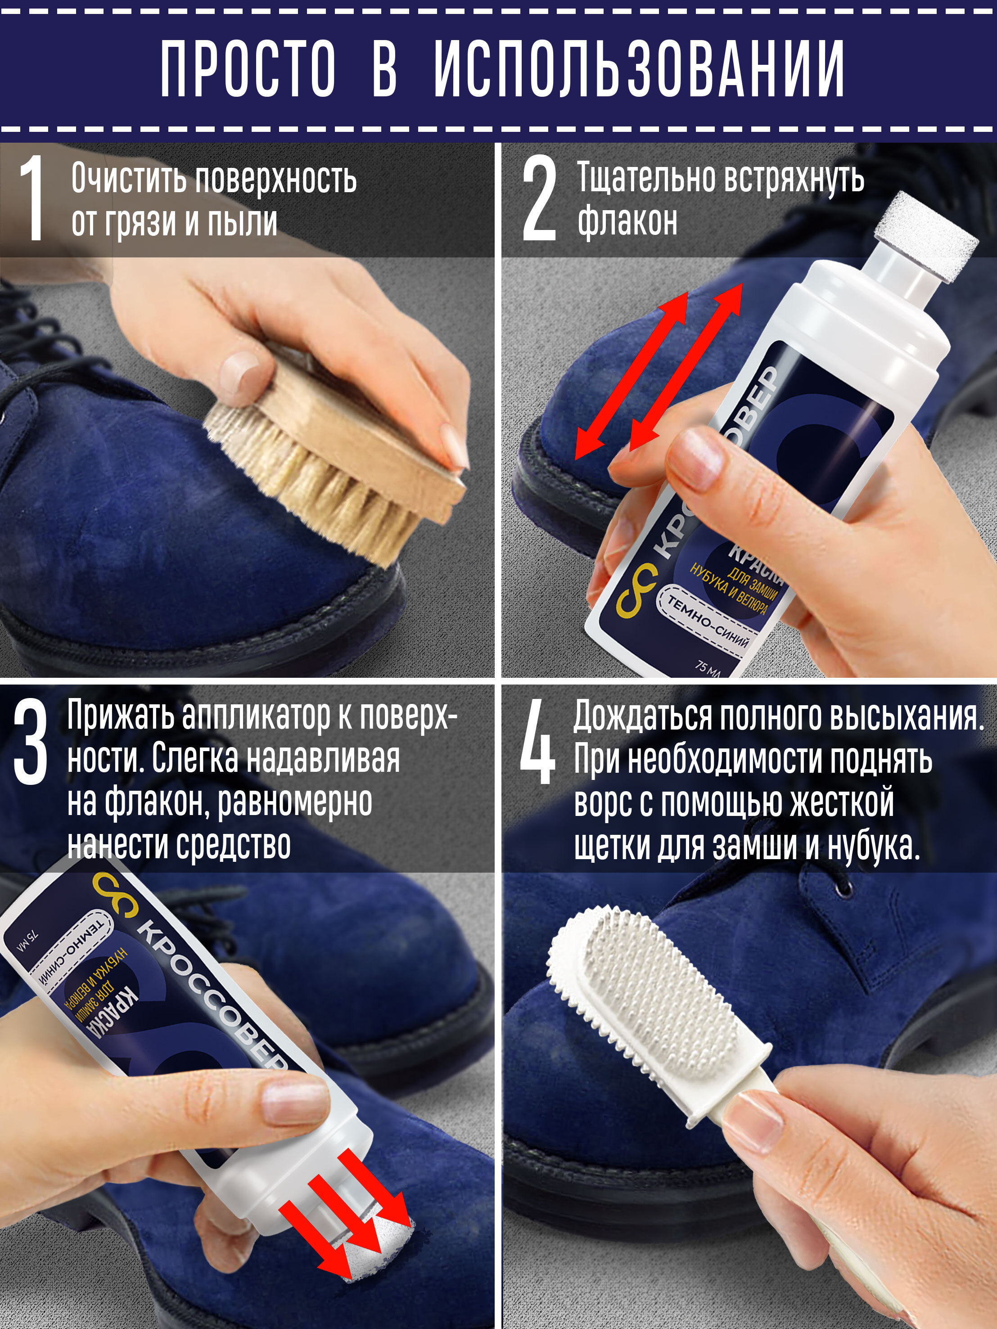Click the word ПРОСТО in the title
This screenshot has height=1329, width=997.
248,68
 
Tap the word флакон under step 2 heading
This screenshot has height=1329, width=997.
627,221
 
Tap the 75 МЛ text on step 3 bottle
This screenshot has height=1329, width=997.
28,942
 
